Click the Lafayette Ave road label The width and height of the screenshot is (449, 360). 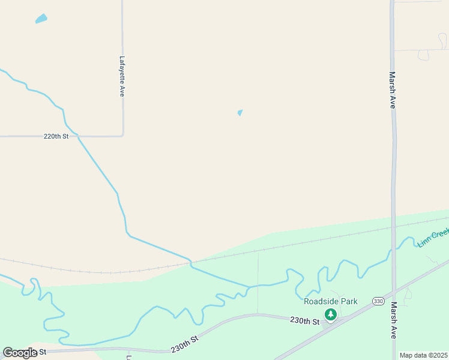(x=121, y=76)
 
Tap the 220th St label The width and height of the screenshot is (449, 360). (x=56, y=136)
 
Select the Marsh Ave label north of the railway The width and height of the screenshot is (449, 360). (x=392, y=90)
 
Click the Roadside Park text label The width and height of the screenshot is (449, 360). (x=330, y=301)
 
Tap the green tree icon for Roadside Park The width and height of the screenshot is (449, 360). (x=330, y=314)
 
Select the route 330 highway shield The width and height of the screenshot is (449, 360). (x=378, y=301)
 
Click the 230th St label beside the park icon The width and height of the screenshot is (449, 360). (x=304, y=321)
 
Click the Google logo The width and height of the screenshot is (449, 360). (x=20, y=353)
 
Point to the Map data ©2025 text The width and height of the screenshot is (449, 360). (x=423, y=355)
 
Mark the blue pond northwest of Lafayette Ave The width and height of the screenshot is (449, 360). (x=41, y=19)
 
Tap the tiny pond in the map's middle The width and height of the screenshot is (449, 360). (x=240, y=112)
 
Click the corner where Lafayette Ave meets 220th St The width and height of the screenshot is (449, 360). (x=123, y=136)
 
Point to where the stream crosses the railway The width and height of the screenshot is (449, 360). (x=190, y=262)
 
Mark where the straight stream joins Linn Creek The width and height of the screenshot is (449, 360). (x=249, y=286)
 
